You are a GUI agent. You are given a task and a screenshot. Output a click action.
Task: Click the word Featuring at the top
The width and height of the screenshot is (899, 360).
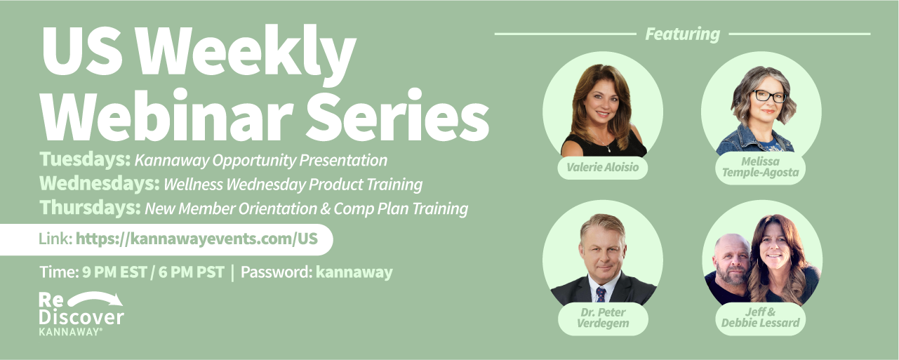click(x=682, y=34)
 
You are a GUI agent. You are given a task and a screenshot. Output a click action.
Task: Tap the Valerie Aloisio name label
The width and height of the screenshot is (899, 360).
click(x=602, y=167)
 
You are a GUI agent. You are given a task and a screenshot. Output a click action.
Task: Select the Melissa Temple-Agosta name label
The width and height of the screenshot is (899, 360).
click(x=760, y=167)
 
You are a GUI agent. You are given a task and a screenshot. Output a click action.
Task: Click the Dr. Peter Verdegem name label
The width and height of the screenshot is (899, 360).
click(x=603, y=318)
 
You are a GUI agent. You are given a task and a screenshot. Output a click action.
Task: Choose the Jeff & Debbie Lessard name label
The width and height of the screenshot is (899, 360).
click(x=760, y=318)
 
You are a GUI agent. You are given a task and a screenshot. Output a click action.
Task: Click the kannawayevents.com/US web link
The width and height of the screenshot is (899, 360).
click(x=197, y=239)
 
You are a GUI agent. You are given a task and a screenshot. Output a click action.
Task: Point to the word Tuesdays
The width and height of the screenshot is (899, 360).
click(x=85, y=159)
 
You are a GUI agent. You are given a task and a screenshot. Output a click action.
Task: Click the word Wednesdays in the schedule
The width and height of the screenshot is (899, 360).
click(x=100, y=183)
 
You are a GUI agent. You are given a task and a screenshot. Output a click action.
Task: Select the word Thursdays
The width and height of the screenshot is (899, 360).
click(x=91, y=208)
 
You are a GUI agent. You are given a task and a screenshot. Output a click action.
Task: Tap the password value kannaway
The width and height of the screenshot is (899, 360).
click(x=354, y=272)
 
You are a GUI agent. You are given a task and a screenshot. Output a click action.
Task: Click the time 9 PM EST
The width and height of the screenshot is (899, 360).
click(x=114, y=272)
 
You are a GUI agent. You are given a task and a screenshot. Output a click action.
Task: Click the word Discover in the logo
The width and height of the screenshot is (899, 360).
click(x=81, y=317)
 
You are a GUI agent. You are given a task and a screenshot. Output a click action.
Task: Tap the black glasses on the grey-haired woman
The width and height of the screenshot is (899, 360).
click(x=768, y=96)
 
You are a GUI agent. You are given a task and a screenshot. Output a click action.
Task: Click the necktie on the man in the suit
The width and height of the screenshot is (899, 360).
click(x=601, y=295)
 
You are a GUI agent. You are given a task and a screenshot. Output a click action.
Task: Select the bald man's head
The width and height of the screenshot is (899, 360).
click(x=733, y=257)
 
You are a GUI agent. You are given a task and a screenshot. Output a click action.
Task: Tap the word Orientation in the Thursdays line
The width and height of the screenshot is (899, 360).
click(x=278, y=208)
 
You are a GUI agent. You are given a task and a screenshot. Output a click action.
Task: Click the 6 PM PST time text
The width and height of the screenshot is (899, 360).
click(x=191, y=272)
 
